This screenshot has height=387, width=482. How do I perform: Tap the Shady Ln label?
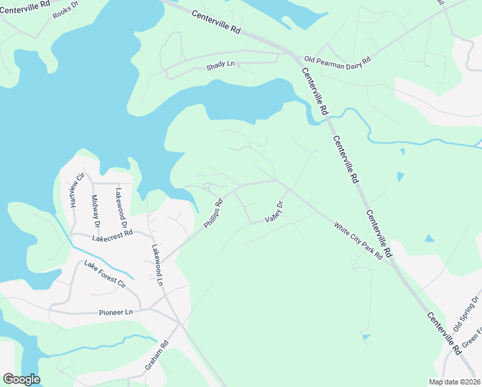click(x=220, y=66)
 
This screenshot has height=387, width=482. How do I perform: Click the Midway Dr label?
click(x=95, y=211)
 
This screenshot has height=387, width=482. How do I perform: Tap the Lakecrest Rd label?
click(x=113, y=236)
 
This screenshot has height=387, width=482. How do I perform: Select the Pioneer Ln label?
click(x=115, y=312)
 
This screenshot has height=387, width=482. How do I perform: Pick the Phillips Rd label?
click(x=213, y=213)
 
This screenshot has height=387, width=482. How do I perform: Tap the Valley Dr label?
click(x=273, y=212)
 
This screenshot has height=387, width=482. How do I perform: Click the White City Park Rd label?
click(x=358, y=241)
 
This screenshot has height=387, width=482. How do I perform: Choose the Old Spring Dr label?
click(x=467, y=313)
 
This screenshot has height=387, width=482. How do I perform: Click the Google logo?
click(x=21, y=379)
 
